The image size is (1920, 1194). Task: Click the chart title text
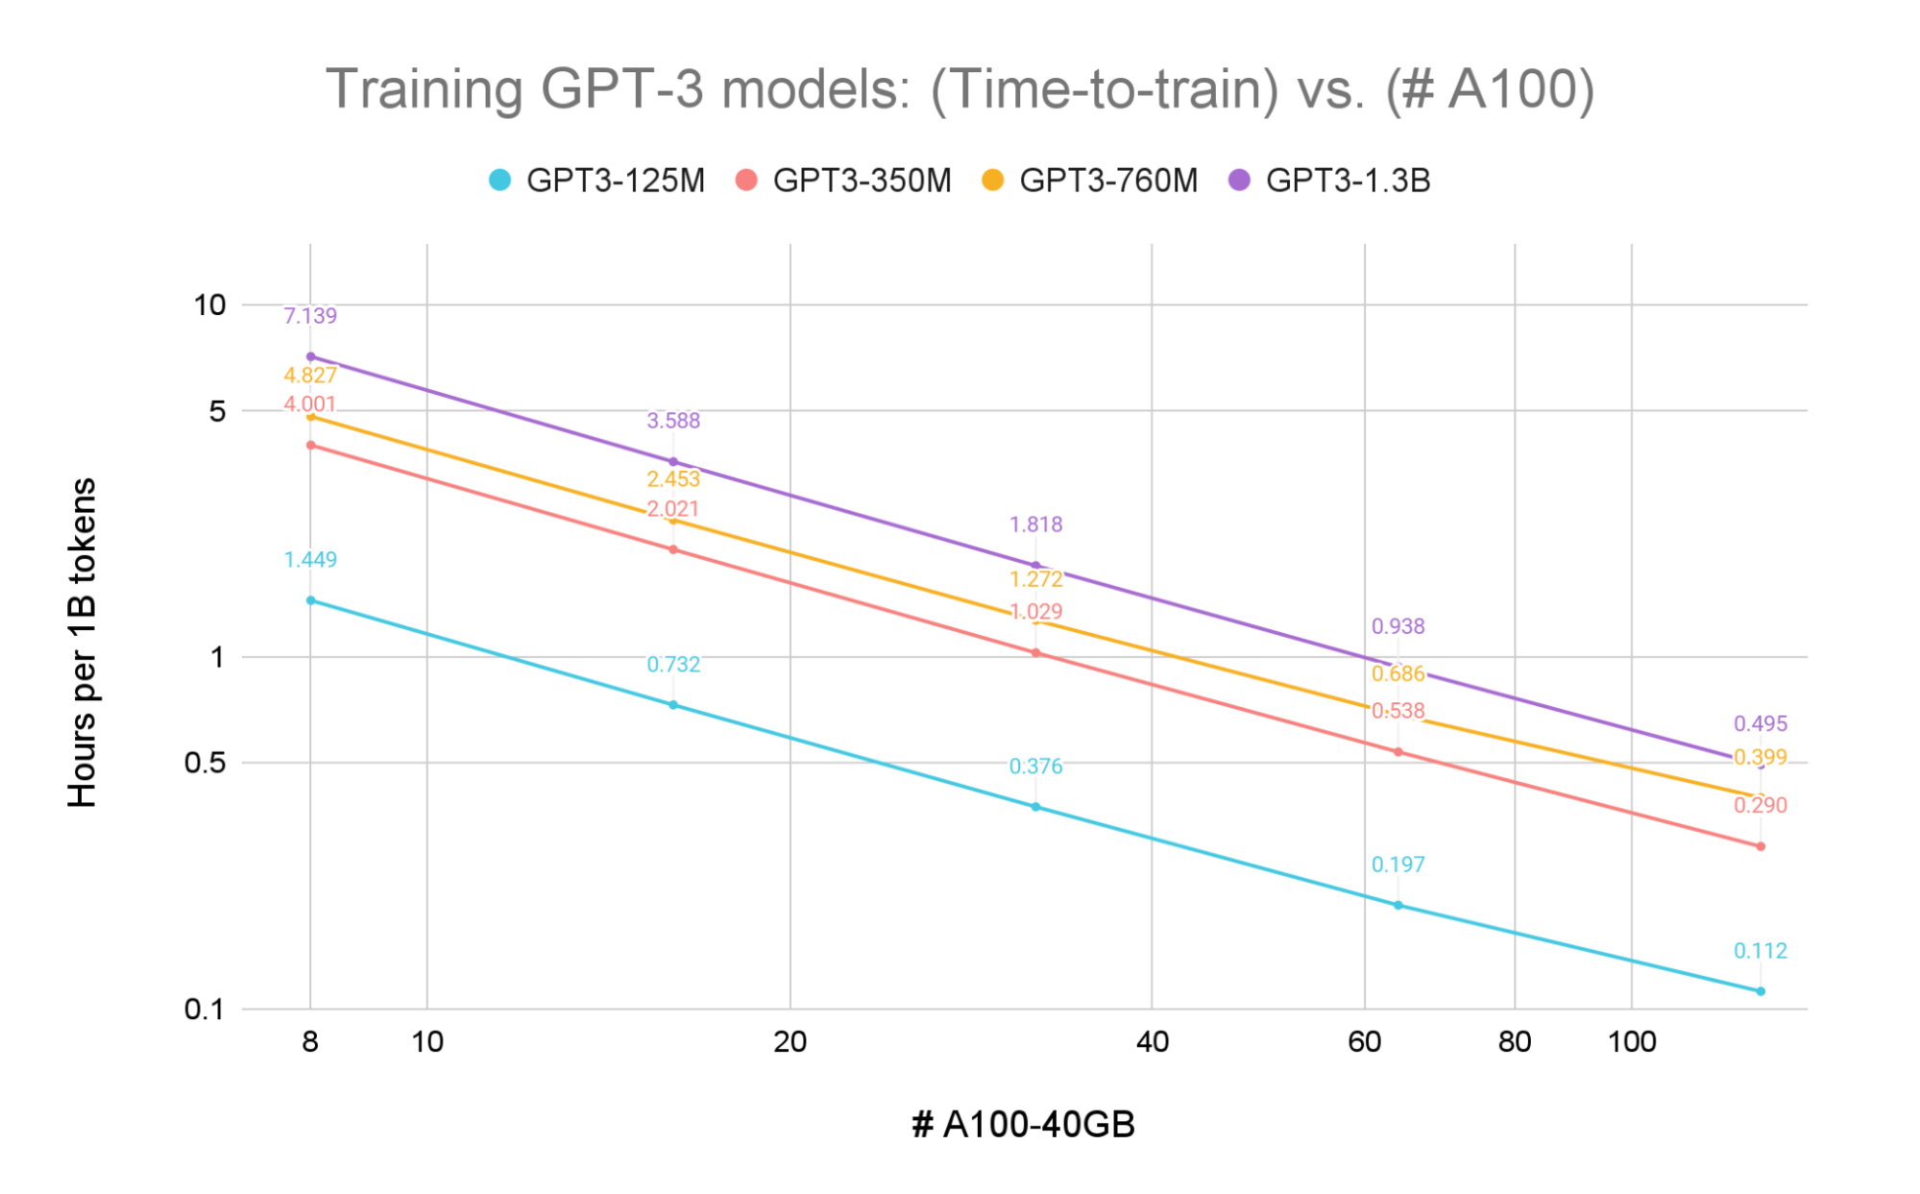point(960,89)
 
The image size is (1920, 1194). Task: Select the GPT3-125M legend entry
point(597,181)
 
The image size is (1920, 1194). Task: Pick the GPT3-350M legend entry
point(843,181)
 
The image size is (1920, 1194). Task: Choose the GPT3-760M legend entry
point(1090,181)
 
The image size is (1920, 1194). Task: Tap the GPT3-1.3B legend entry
point(1330,181)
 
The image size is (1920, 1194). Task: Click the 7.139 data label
point(310,316)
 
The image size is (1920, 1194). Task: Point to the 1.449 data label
point(310,559)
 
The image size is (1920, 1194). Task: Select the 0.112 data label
point(1760,951)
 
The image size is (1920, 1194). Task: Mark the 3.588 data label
point(673,421)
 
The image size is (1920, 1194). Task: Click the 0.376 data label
point(1035,767)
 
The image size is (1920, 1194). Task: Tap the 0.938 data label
point(1397,626)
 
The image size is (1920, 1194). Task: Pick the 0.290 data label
point(1760,805)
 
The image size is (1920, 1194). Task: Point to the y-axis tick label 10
point(209,305)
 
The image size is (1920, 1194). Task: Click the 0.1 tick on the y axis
point(204,1009)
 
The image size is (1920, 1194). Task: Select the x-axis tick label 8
point(310,1042)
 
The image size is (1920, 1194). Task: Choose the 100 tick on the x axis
point(1631,1042)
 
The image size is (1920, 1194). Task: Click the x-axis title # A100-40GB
point(1023,1124)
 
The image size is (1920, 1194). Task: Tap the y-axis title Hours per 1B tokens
point(83,642)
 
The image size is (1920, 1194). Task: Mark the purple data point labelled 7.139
point(310,356)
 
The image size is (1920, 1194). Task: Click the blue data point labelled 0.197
point(1397,905)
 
